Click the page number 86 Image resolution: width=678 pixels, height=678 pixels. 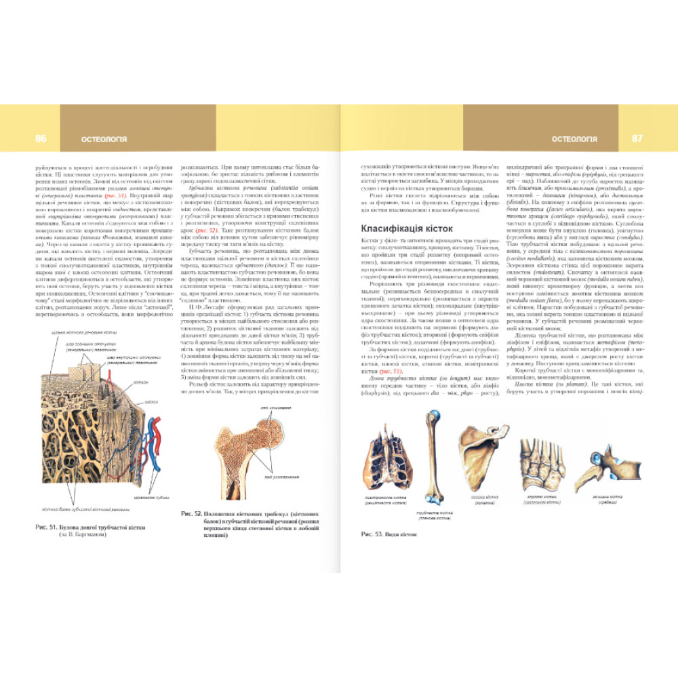pos(41,139)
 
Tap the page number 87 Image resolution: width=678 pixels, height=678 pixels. pos(637,139)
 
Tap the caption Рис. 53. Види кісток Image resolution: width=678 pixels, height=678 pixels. pos(388,534)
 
